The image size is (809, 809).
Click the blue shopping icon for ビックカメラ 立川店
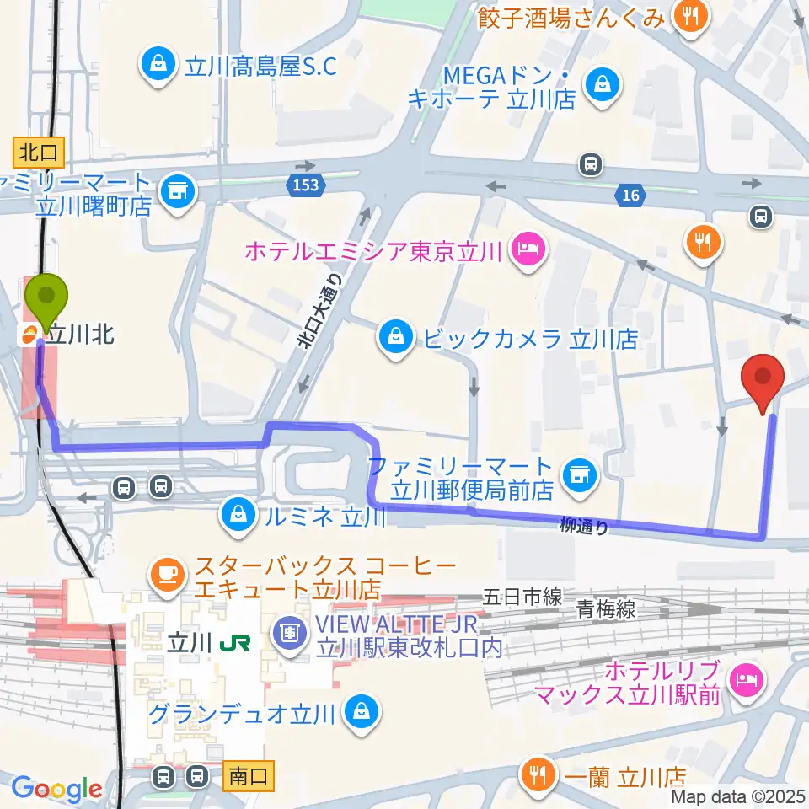click(x=394, y=339)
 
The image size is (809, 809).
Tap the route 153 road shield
click(x=307, y=185)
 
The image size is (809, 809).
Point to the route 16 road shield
click(x=629, y=196)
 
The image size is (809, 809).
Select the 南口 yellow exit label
click(x=250, y=776)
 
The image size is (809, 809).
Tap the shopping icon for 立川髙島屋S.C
click(x=158, y=64)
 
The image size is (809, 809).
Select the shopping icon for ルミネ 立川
click(x=238, y=514)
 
